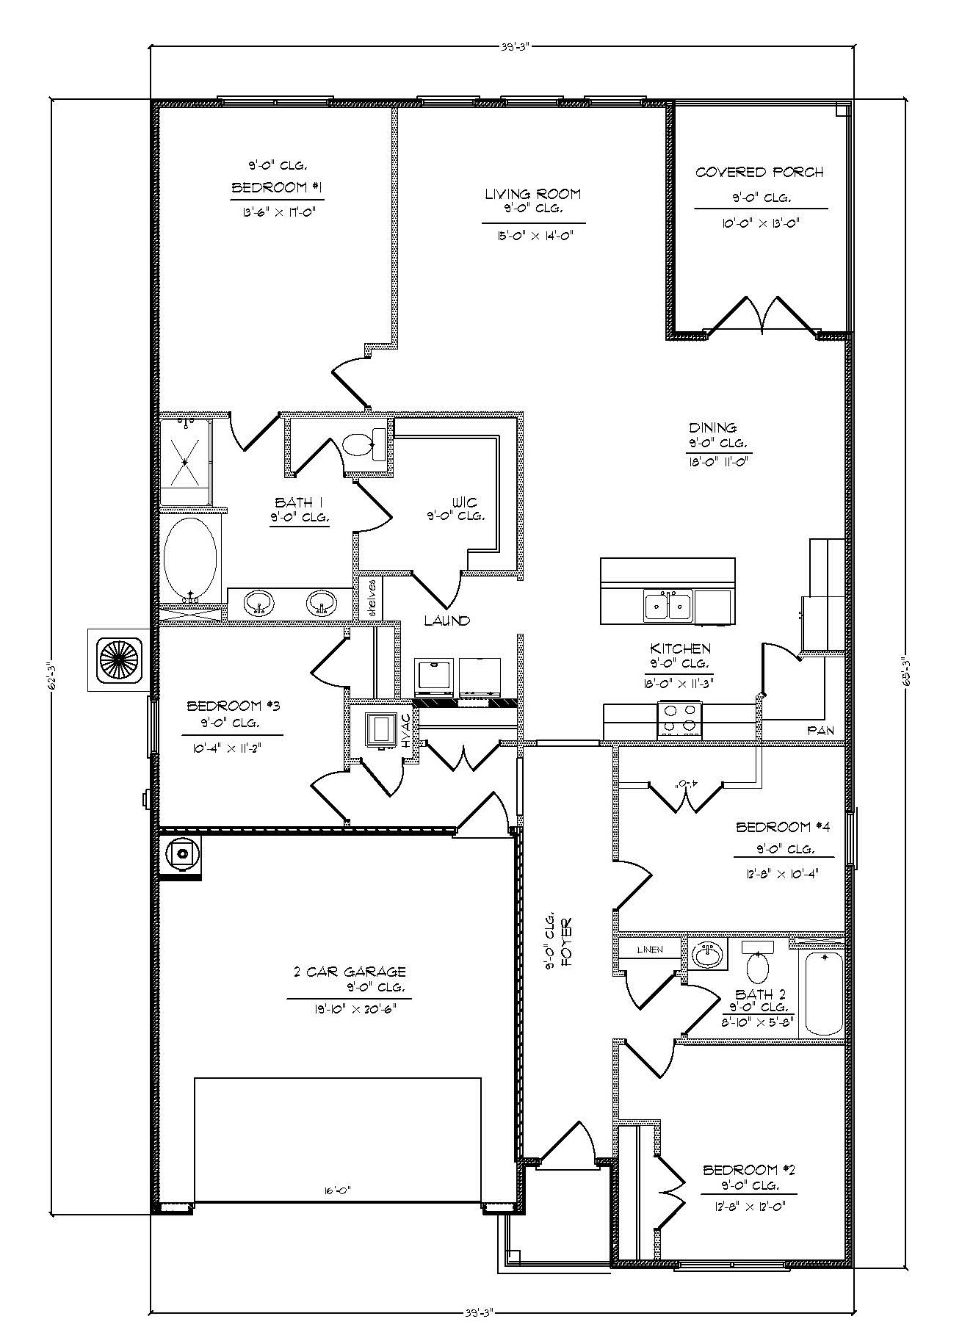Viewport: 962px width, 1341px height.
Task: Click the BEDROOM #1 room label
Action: pyautogui.click(x=277, y=188)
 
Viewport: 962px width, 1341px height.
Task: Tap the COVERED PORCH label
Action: pyautogui.click(x=759, y=173)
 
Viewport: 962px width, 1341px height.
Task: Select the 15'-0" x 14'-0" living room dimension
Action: pyautogui.click(x=533, y=236)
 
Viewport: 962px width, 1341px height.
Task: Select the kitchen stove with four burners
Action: pyautogui.click(x=679, y=719)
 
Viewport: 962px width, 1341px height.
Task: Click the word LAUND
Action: pyautogui.click(x=446, y=621)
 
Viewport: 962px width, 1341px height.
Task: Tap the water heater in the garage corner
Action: pyautogui.click(x=181, y=853)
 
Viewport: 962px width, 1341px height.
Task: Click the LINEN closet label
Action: pyautogui.click(x=649, y=950)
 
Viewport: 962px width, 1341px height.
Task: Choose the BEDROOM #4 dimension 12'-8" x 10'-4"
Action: pyautogui.click(x=783, y=873)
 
